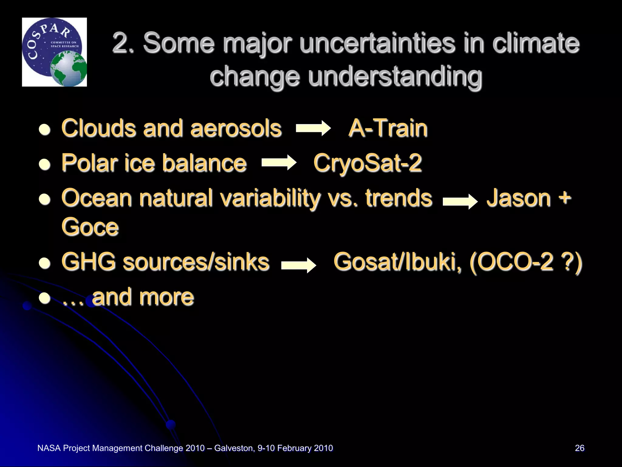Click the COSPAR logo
point(54,52)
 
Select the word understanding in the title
point(395,76)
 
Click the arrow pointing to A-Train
point(313,128)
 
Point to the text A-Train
point(388,128)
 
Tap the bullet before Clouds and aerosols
point(45,130)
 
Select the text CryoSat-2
point(367,163)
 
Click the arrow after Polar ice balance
point(279,163)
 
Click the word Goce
point(90,227)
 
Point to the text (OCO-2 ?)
point(525,262)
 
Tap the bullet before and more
point(45,298)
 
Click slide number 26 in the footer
point(579,448)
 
